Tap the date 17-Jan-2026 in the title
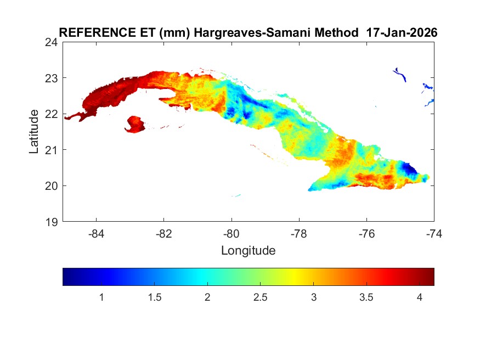pos(402,32)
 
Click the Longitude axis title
pos(248,251)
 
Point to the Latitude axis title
pos(34,131)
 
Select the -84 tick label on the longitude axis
pos(97,233)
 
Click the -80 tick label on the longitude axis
pos(231,233)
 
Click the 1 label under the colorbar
pos(101,297)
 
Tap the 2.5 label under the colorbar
pos(260,297)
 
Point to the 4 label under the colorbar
pos(419,297)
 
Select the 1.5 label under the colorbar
pos(154,297)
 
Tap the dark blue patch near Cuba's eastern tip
pos(408,168)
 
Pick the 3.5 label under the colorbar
pos(366,297)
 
